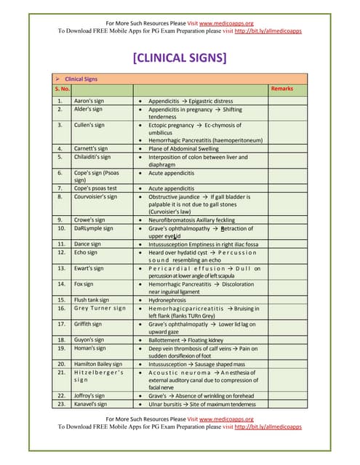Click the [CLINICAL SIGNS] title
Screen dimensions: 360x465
pyautogui.click(x=180, y=57)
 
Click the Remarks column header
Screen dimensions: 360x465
pyautogui.click(x=281, y=89)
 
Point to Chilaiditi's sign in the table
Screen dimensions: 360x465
pyautogui.click(x=93, y=156)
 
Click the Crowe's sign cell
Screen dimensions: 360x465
pyautogui.click(x=89, y=219)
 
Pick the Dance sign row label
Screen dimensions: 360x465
pyautogui.click(x=87, y=244)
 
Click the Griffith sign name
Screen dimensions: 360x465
pyautogui.click(x=88, y=323)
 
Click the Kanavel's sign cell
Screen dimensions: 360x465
pyautogui.click(x=91, y=403)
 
